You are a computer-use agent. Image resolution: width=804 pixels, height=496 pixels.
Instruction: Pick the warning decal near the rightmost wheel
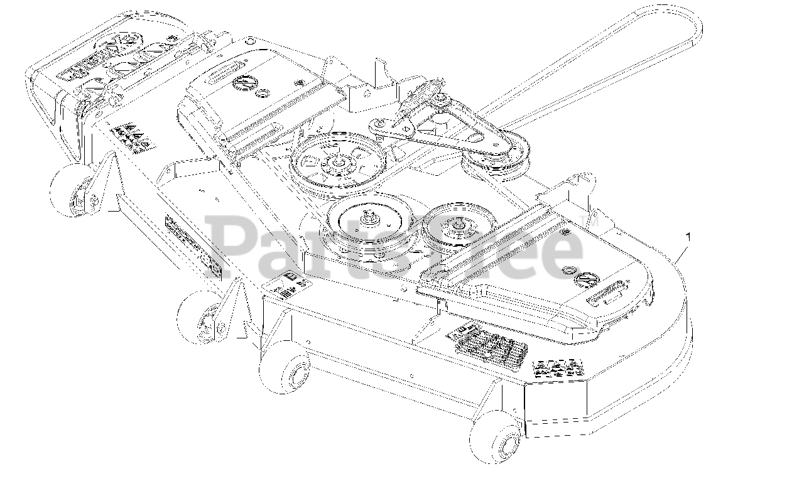tap(558, 367)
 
